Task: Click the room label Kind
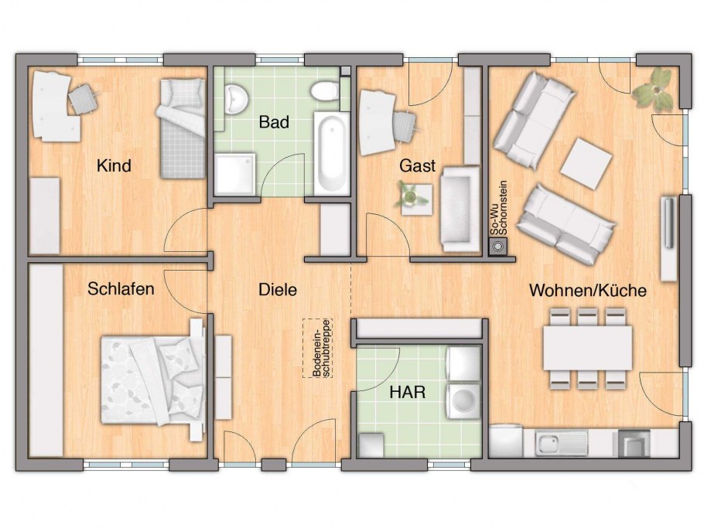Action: click(x=114, y=166)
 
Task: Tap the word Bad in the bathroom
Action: click(x=274, y=122)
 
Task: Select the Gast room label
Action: click(x=418, y=165)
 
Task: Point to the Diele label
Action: click(x=278, y=289)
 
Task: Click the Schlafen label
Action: click(x=121, y=288)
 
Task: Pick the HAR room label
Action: click(x=407, y=392)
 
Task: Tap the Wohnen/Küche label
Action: click(x=588, y=290)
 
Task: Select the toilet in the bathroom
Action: click(x=325, y=90)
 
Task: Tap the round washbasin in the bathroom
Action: click(x=236, y=98)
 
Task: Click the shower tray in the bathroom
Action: click(x=235, y=174)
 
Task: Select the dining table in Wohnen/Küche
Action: click(x=587, y=348)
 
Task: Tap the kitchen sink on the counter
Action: click(x=561, y=442)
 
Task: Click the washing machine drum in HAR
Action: click(x=462, y=400)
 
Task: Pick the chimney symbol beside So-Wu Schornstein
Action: click(x=498, y=247)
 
